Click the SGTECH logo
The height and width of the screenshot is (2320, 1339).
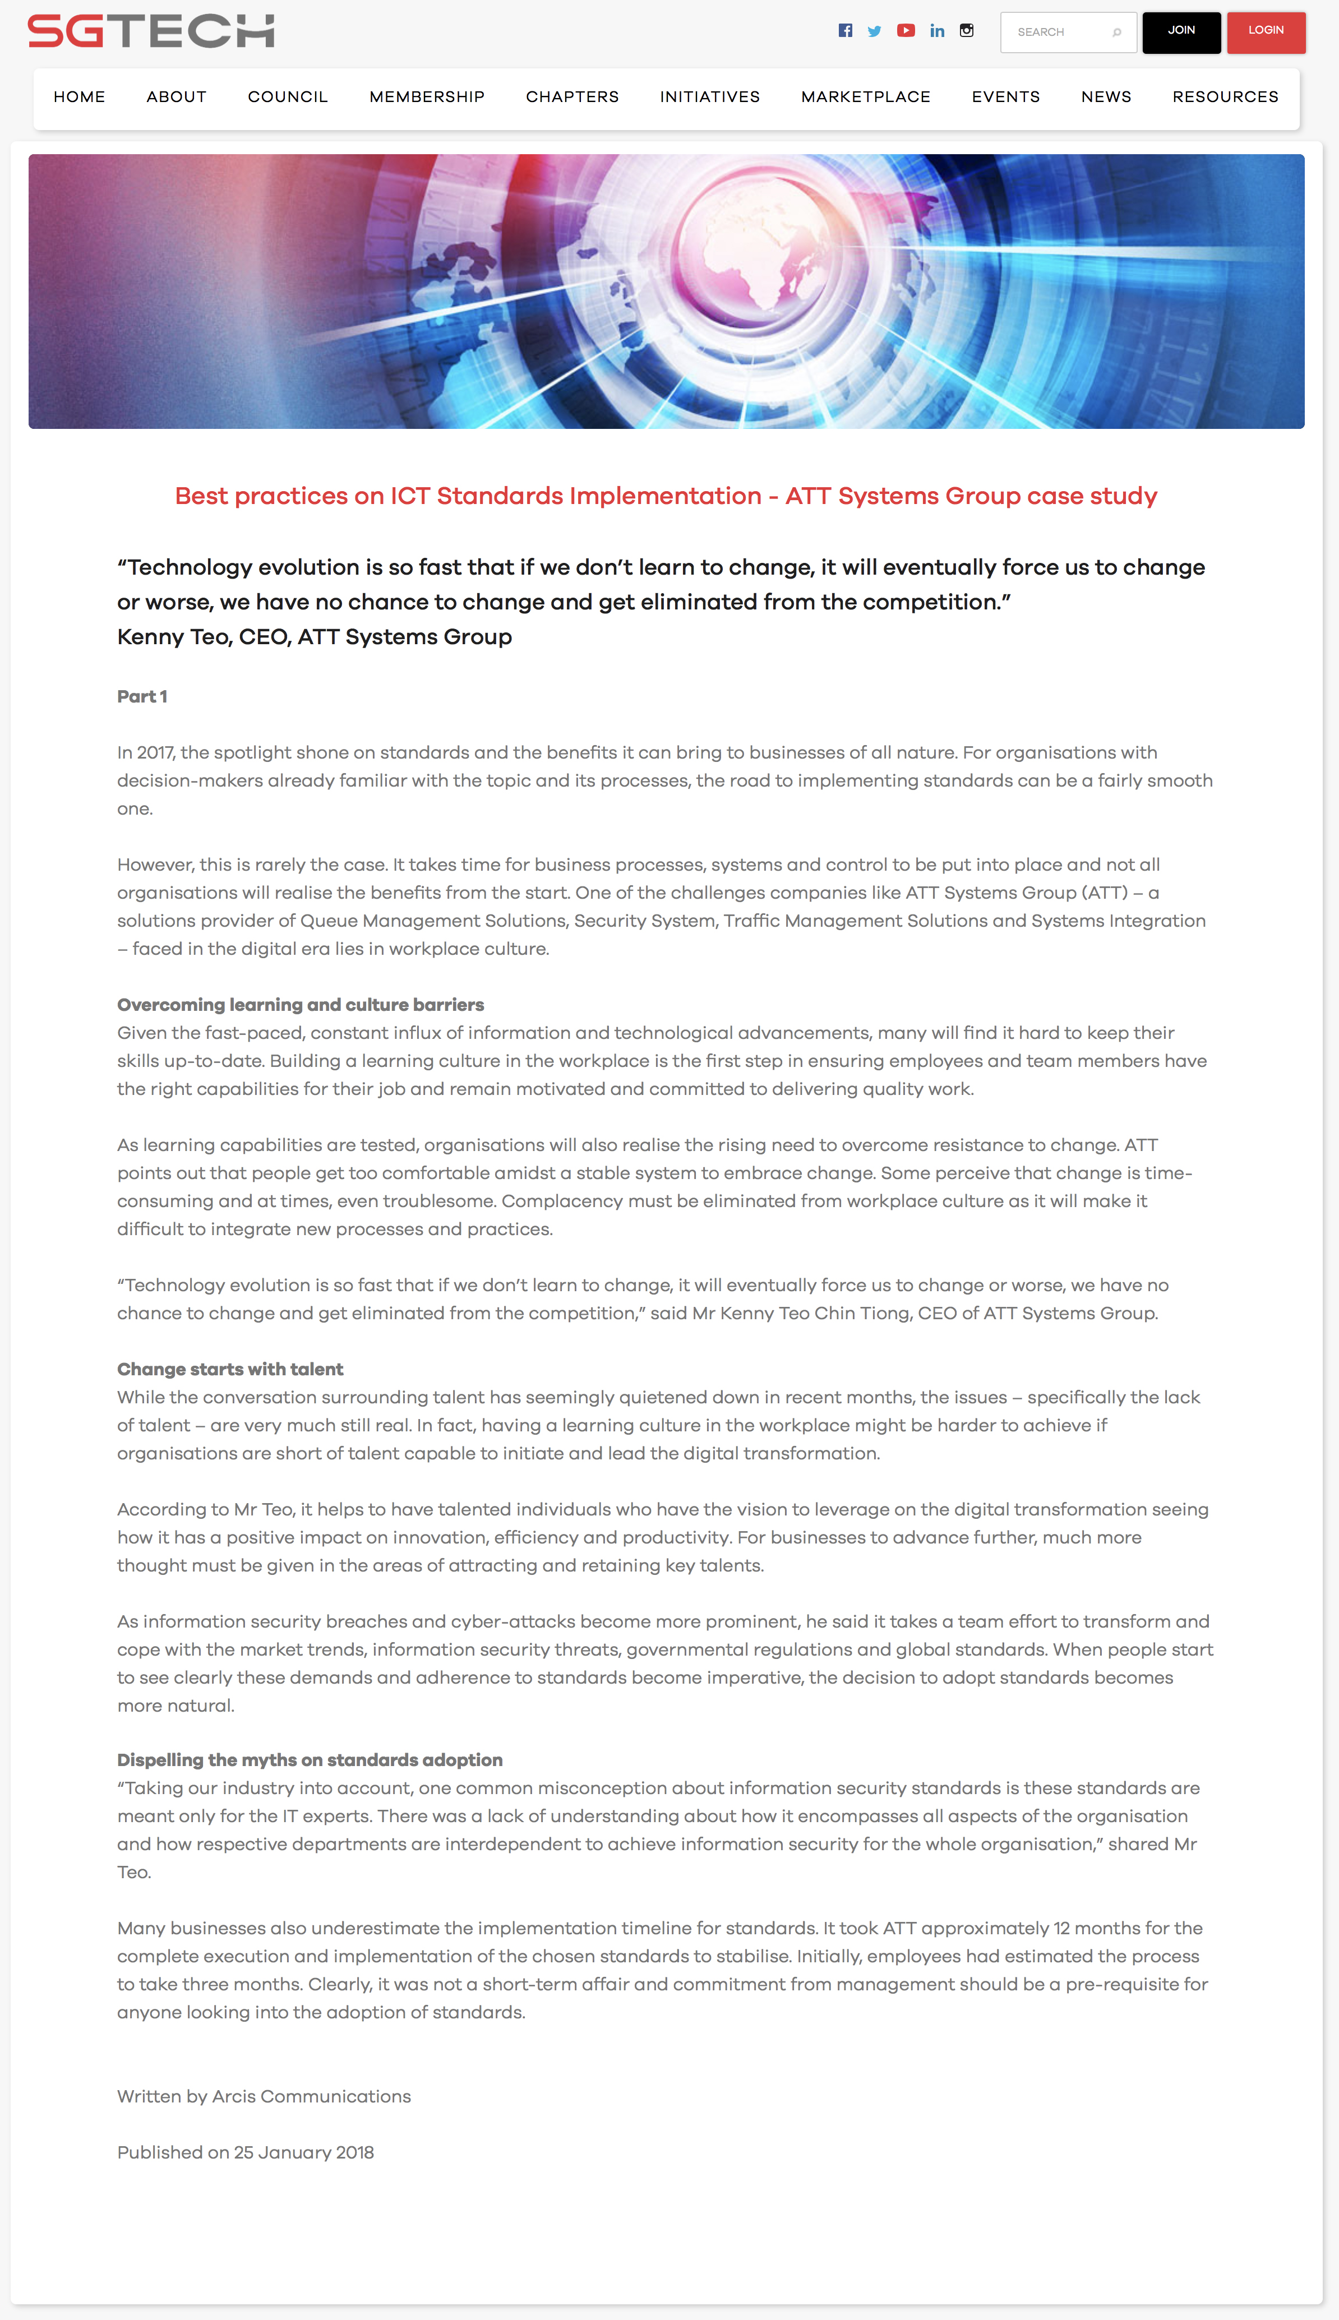click(151, 31)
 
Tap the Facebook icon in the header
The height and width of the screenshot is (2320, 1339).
click(845, 30)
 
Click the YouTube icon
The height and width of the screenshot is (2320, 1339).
click(906, 30)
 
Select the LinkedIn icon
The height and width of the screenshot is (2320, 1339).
click(937, 30)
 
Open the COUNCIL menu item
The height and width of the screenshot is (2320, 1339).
click(288, 96)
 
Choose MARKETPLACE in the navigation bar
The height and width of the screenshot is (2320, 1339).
click(865, 96)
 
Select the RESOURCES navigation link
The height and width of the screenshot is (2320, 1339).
click(1225, 96)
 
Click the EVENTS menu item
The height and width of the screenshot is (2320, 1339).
click(1005, 96)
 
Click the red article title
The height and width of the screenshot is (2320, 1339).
click(666, 496)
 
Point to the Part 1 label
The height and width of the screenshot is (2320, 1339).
click(142, 696)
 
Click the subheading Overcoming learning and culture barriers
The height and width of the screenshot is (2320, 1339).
click(301, 1004)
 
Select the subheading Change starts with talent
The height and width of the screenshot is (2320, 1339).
click(230, 1368)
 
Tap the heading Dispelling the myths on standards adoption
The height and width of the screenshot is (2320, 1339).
click(310, 1759)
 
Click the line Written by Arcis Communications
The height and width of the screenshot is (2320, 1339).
click(264, 2096)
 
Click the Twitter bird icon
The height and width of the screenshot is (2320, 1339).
click(875, 31)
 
